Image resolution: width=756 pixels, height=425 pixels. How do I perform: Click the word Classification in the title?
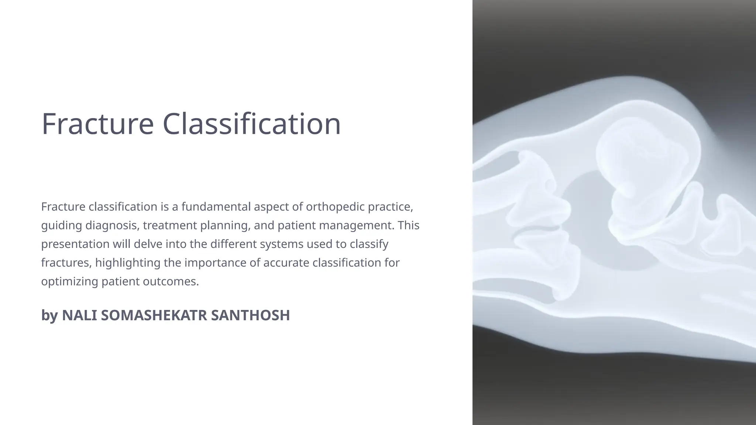(251, 124)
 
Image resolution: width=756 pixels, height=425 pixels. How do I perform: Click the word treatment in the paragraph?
(170, 225)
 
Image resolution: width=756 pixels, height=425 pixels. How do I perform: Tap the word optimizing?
(69, 282)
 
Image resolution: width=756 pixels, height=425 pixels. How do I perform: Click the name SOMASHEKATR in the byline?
(154, 315)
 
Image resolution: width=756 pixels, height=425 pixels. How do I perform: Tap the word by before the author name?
(49, 315)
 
